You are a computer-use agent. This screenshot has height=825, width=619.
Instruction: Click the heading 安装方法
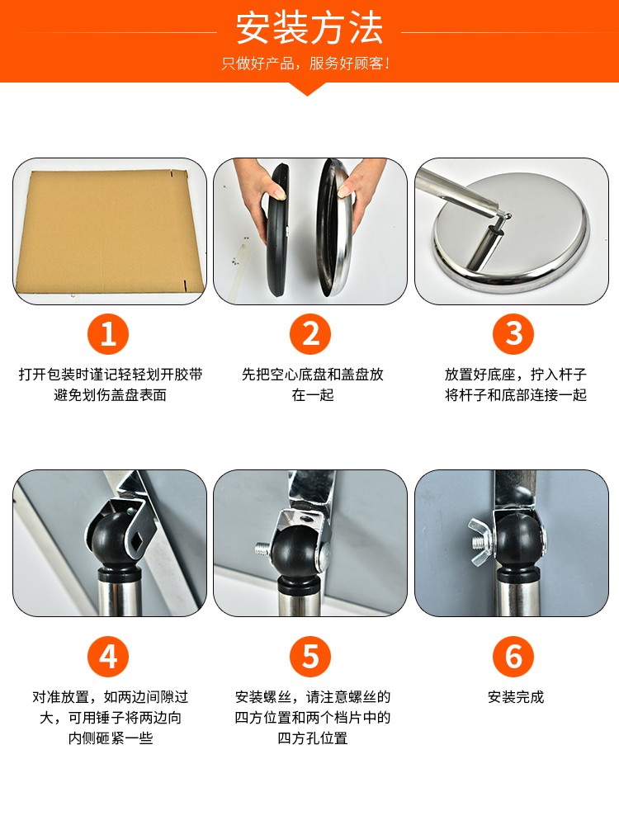click(x=309, y=28)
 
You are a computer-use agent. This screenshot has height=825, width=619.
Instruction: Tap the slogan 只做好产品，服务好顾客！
click(x=306, y=64)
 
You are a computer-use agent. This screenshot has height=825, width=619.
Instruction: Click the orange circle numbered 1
click(x=108, y=334)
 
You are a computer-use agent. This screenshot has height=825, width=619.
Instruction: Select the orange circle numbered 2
click(x=310, y=334)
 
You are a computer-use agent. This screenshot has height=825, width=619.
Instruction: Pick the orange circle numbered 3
click(x=513, y=334)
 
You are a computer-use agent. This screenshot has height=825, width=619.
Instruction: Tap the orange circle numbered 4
click(x=108, y=656)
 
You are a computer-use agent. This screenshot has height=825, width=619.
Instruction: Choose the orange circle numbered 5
click(x=310, y=656)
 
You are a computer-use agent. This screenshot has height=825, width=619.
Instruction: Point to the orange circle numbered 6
click(x=513, y=656)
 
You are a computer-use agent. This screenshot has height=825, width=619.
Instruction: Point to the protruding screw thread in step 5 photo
click(x=263, y=549)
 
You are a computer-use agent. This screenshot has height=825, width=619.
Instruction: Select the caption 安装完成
click(x=515, y=697)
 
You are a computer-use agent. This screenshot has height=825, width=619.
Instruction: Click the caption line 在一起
click(x=313, y=394)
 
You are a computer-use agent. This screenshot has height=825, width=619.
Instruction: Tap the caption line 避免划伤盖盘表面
click(x=110, y=394)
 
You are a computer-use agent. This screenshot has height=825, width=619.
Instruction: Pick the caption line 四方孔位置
click(x=313, y=738)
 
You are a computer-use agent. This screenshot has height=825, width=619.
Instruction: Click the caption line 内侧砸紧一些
click(x=110, y=738)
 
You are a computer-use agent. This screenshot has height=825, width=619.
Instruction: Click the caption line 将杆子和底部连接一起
click(x=515, y=394)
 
